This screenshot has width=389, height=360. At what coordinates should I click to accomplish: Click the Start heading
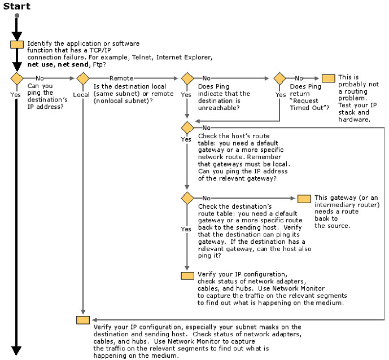tap(16, 6)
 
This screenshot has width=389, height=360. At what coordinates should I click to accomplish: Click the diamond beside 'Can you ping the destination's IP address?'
tap(17, 78)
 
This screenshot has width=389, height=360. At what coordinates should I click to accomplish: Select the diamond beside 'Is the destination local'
tap(83, 78)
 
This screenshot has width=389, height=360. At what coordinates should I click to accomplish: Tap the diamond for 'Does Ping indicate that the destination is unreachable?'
tap(187, 78)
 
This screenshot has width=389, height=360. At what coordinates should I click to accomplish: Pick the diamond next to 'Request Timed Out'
tap(279, 78)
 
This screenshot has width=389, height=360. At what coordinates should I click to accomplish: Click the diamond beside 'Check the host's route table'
tap(187, 128)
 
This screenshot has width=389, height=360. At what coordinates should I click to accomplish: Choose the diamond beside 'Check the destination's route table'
tap(187, 198)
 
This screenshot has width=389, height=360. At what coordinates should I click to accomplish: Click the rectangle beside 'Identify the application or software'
tap(17, 45)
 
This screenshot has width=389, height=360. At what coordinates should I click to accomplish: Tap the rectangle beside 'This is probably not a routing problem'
tap(328, 78)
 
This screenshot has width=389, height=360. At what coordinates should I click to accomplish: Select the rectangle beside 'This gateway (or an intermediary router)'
tap(304, 199)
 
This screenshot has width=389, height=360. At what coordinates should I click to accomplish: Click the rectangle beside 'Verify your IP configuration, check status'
tap(187, 276)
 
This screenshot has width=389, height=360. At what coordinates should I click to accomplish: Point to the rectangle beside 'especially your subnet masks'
tap(83, 320)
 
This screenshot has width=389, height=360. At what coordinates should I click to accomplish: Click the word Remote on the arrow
tap(121, 78)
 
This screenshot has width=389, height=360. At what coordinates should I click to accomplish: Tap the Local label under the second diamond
tap(81, 95)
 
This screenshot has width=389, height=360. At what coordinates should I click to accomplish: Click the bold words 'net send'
tap(73, 64)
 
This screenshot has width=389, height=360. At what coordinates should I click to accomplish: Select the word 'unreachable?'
tap(219, 108)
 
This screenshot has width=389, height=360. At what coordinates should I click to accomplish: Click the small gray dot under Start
tap(17, 16)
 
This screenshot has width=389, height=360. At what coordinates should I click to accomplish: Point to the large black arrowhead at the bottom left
tap(16, 350)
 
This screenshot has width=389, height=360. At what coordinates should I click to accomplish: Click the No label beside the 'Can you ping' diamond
tap(40, 78)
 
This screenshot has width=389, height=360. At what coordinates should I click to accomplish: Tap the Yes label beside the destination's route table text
tap(186, 229)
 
